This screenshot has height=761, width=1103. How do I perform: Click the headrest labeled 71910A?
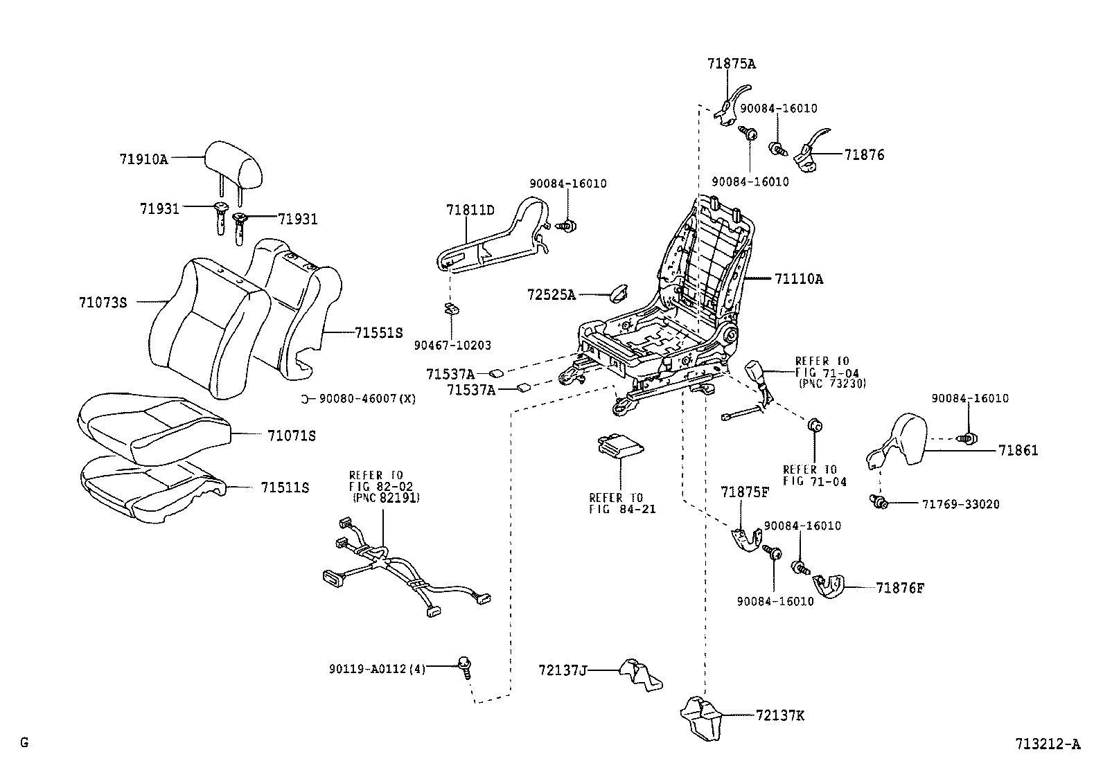coord(236,165)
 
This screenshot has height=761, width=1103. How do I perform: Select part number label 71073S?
coord(103,302)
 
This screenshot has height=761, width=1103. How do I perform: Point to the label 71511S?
coord(285,487)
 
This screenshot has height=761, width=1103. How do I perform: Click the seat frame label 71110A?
coord(799,279)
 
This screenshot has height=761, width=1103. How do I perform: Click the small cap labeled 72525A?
coord(615,293)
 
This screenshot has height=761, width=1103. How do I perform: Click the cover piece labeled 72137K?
coord(701,717)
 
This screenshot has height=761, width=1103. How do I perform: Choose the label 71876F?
coord(900,589)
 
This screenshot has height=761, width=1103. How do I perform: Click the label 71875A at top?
coord(731,64)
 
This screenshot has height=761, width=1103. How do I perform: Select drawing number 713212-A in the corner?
coord(1047,744)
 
